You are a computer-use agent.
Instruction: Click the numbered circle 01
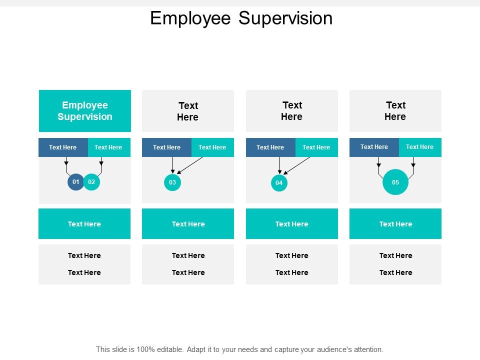[x=75, y=182]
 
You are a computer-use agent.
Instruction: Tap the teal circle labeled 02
[x=91, y=182]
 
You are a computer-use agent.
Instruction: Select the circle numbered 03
[x=172, y=182]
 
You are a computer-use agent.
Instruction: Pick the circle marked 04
[x=279, y=183]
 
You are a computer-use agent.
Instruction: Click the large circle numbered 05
[x=395, y=182]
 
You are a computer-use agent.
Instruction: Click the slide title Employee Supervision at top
[x=241, y=18]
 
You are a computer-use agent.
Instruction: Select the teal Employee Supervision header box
[x=85, y=111]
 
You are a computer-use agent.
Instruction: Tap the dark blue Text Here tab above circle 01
[x=63, y=147]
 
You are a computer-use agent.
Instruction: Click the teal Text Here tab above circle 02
[x=108, y=147]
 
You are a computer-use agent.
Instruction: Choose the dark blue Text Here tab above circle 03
[x=167, y=147]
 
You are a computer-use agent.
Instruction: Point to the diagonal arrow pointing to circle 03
[x=190, y=165]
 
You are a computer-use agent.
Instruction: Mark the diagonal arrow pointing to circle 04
[x=297, y=165]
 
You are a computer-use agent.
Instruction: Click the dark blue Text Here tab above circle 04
[x=270, y=147]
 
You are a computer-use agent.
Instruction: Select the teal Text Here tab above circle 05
[x=420, y=147]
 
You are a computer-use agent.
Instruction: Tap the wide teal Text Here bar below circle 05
[x=395, y=224]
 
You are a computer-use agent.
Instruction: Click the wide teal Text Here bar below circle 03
[x=188, y=224]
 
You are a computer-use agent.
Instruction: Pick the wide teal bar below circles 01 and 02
[x=84, y=224]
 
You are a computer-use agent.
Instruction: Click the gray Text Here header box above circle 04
[x=292, y=111]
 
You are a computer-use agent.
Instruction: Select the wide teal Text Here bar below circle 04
[x=292, y=224]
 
